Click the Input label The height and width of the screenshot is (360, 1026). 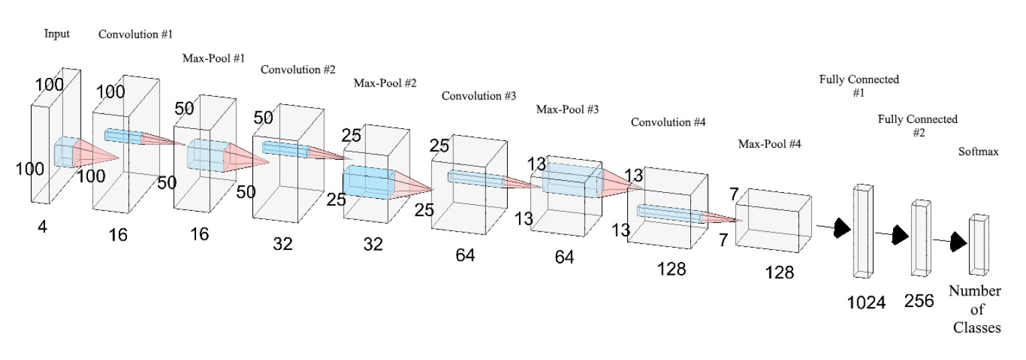(x=57, y=34)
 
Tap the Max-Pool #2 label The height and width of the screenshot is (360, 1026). (x=385, y=83)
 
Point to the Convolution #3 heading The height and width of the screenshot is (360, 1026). (x=479, y=96)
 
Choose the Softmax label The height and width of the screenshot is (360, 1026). (x=978, y=152)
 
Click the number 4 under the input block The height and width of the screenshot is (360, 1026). (x=42, y=227)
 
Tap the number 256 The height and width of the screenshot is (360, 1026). (x=919, y=301)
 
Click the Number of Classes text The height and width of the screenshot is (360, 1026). (x=975, y=310)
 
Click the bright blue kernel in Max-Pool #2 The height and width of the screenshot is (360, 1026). (x=368, y=183)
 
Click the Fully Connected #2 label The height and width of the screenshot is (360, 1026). (x=917, y=126)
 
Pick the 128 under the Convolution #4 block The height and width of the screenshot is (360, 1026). (x=671, y=269)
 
